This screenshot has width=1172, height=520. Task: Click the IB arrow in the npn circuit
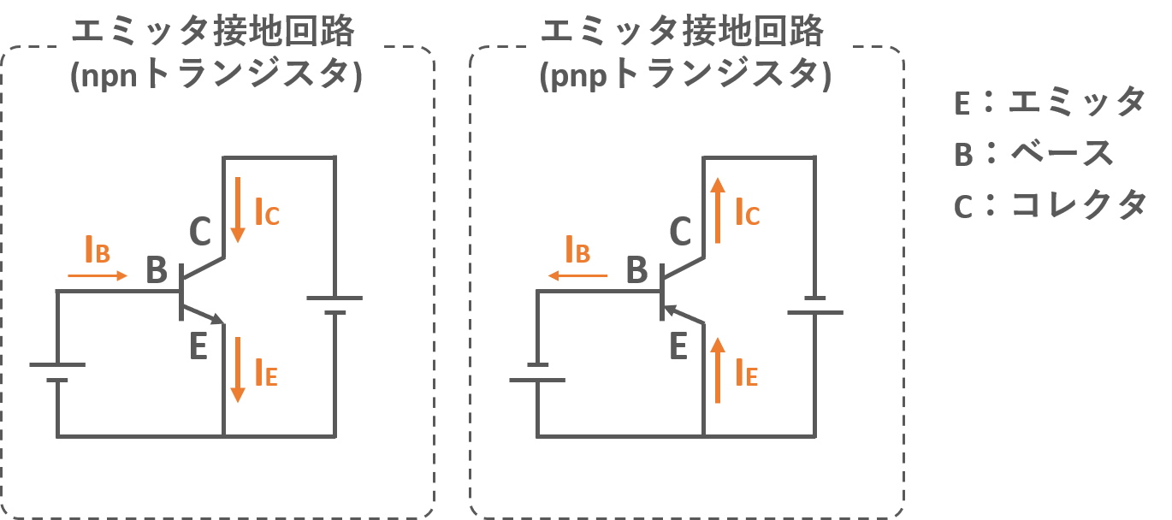pos(98,276)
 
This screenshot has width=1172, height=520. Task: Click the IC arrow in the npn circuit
pos(238,209)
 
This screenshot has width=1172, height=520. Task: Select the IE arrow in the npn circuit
pos(238,369)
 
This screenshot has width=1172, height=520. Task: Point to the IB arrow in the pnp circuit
pos(578,276)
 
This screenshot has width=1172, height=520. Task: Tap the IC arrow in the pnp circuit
pos(718,210)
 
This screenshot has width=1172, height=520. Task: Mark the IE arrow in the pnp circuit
pos(718,369)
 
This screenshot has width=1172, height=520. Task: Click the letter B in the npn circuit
pos(157,269)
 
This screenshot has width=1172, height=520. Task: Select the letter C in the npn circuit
pos(199,230)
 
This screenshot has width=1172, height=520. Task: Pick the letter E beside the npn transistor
pos(198,346)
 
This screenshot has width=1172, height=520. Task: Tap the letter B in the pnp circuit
pos(637,269)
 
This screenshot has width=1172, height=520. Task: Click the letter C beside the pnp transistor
pos(680,230)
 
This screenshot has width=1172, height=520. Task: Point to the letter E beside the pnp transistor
pos(679,346)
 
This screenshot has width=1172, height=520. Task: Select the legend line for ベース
pos(1034,154)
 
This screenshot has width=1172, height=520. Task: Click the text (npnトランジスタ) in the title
pos(217,77)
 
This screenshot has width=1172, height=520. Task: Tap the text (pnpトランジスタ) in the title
pos(686,77)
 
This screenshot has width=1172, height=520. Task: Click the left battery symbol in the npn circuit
pos(57,372)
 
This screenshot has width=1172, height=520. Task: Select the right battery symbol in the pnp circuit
pos(814,305)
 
